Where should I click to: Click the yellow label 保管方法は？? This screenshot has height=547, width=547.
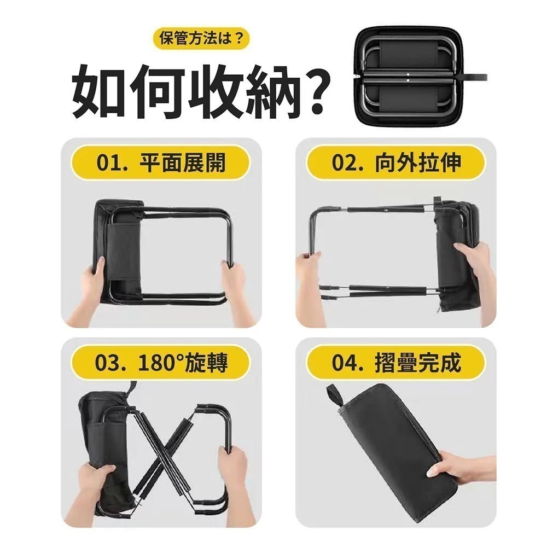point(201,39)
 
